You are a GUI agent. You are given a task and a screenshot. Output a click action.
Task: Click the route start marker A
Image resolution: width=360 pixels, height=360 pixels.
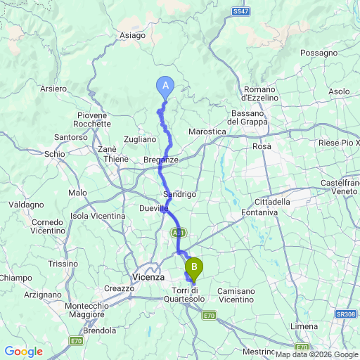pos(165,86)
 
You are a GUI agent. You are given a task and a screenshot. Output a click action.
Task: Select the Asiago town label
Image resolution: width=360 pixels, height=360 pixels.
pos(132,35)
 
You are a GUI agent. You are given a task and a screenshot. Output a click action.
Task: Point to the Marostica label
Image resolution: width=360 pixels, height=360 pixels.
pos(208,131)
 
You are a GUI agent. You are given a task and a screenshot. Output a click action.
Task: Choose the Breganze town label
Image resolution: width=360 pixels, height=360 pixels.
pos(161,160)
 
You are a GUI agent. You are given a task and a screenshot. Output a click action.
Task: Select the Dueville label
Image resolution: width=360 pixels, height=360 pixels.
pos(154,208)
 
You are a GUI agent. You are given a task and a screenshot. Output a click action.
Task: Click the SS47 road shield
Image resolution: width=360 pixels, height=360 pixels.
pos(240,11)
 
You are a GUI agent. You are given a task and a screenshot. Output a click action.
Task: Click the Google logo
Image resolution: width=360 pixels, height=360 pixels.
pos(23,351)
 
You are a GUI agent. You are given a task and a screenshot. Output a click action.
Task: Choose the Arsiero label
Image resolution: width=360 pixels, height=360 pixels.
pos(53,89)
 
